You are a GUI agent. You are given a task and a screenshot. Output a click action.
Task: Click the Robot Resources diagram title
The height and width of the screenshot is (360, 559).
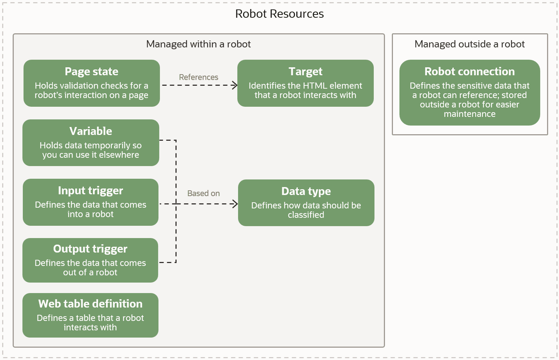pyautogui.click(x=279, y=14)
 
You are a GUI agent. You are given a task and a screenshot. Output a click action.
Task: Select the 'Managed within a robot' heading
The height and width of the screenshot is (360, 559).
pyautogui.click(x=198, y=44)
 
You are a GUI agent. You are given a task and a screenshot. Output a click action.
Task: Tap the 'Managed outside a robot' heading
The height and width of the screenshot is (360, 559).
pyautogui.click(x=469, y=44)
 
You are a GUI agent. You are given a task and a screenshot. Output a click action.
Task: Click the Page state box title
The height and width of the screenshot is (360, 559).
pyautogui.click(x=92, y=72)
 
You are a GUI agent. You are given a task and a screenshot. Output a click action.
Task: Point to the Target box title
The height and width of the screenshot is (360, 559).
pyautogui.click(x=305, y=72)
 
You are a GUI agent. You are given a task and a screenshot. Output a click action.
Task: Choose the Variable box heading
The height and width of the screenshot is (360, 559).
pyautogui.click(x=90, y=131)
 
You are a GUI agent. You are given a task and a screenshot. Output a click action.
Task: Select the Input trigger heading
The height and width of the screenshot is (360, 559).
pyautogui.click(x=90, y=191)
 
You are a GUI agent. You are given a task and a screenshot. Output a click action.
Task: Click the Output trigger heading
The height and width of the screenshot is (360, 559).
pyautogui.click(x=90, y=249)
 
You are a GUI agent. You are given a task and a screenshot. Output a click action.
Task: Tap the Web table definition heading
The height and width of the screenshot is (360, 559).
pyautogui.click(x=90, y=304)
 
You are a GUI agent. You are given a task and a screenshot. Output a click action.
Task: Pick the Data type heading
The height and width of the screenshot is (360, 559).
pyautogui.click(x=306, y=191)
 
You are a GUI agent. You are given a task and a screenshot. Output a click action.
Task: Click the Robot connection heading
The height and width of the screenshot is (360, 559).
pyautogui.click(x=469, y=72)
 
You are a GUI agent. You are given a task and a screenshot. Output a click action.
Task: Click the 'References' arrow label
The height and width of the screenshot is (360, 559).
pyautogui.click(x=198, y=77)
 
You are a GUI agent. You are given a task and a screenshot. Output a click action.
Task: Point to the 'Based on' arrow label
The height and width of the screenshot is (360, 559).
pyautogui.click(x=203, y=194)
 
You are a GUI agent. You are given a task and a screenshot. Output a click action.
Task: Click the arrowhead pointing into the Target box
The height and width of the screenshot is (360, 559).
pyautogui.click(x=235, y=85)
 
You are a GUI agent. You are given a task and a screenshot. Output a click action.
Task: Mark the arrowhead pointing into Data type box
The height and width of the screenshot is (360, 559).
pyautogui.click(x=235, y=204)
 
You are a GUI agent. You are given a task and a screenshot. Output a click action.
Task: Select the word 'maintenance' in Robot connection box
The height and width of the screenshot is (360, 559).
pyautogui.click(x=469, y=114)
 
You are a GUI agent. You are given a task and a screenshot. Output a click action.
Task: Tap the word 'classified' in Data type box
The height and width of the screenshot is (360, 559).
pyautogui.click(x=306, y=215)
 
